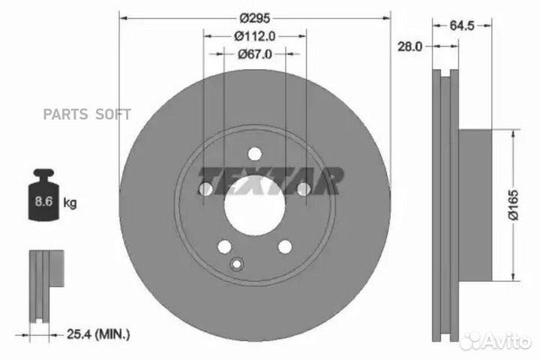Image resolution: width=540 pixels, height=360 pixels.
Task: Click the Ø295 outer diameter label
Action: click(x=255, y=18)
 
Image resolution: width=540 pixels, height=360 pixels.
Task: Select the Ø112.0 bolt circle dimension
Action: click(x=254, y=36)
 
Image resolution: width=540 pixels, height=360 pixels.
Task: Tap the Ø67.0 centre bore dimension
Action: click(x=254, y=54)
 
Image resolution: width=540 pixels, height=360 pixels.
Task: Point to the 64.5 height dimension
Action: click(x=462, y=25)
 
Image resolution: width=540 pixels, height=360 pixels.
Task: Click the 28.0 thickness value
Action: click(x=409, y=46)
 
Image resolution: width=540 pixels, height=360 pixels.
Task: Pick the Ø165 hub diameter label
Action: click(x=513, y=205)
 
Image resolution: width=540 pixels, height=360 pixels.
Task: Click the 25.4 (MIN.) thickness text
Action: click(x=98, y=334)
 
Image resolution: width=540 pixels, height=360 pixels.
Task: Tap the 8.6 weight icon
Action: click(x=43, y=194)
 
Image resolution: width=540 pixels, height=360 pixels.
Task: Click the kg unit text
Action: click(x=70, y=203)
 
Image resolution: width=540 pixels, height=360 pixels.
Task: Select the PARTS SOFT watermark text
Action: click(x=87, y=114)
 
